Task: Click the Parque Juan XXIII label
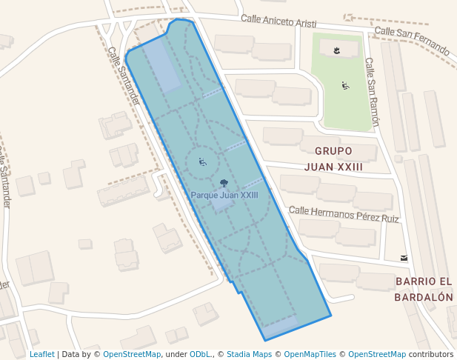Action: (x=224, y=196)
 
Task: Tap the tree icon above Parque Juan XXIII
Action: (x=224, y=183)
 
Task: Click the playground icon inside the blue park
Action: (x=202, y=161)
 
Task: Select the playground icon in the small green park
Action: (x=345, y=86)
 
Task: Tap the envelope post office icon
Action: (x=404, y=258)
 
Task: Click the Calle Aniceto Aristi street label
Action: (x=278, y=22)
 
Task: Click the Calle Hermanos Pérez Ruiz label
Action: (x=344, y=215)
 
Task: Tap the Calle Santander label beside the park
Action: (x=123, y=76)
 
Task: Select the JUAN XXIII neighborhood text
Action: (x=333, y=167)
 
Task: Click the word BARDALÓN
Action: (x=424, y=297)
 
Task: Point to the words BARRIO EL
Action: (x=424, y=281)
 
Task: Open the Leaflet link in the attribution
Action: (x=41, y=354)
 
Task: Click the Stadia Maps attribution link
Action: (x=248, y=354)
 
